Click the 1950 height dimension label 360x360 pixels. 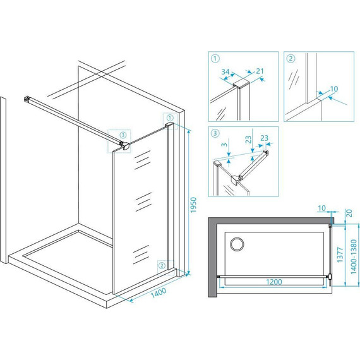[193, 205]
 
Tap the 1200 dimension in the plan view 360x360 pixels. [274, 282]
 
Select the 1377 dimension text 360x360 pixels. [340, 255]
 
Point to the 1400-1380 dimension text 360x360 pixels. [354, 256]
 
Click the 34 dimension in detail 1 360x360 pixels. [225, 72]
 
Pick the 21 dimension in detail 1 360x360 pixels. [260, 71]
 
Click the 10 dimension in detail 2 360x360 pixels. [334, 88]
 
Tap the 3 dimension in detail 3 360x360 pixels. [225, 145]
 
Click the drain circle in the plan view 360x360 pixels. [237, 244]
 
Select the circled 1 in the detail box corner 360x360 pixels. [215, 58]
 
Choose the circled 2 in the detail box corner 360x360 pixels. [291, 59]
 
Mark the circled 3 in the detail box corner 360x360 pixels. [215, 133]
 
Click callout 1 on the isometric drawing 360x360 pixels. [170, 118]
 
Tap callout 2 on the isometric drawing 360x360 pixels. [162, 266]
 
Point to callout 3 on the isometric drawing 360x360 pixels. [123, 135]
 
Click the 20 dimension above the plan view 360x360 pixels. [349, 213]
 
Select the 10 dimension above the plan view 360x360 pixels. [321, 208]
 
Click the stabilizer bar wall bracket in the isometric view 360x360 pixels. [27, 99]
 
